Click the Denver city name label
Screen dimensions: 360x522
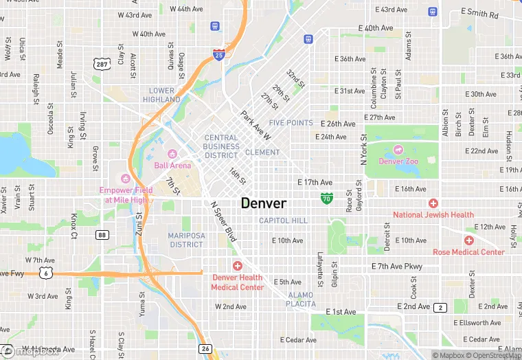(x=264, y=203)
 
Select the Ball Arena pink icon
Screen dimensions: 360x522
(x=172, y=153)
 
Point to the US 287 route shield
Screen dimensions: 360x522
(x=102, y=63)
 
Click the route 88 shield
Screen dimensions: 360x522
(x=102, y=235)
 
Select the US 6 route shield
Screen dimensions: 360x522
(x=45, y=273)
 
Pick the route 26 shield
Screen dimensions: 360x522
(x=205, y=349)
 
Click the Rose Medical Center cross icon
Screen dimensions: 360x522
(x=468, y=240)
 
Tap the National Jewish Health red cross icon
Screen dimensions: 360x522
(x=433, y=203)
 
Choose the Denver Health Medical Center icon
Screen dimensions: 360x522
(x=237, y=266)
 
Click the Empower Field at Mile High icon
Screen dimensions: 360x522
(x=124, y=179)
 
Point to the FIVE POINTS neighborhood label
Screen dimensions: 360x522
(x=291, y=123)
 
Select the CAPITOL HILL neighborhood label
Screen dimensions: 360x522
(x=283, y=221)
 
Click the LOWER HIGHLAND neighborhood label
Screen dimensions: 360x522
(x=162, y=95)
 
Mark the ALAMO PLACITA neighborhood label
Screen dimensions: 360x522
(x=301, y=299)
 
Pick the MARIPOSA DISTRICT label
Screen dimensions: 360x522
(x=185, y=240)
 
